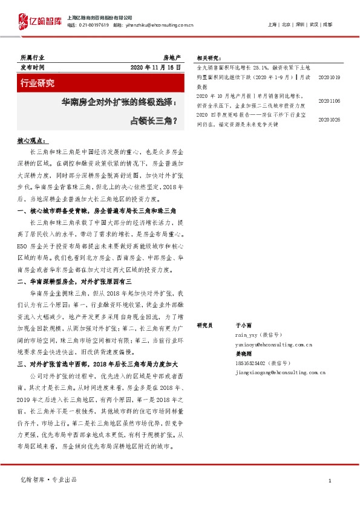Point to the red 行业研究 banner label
point(38,83)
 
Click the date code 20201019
point(329,77)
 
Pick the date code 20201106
point(329,102)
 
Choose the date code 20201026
point(329,120)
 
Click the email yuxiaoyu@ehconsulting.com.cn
point(273,344)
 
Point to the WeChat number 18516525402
point(250,363)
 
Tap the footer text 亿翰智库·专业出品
point(49,479)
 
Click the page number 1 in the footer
point(329,480)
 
